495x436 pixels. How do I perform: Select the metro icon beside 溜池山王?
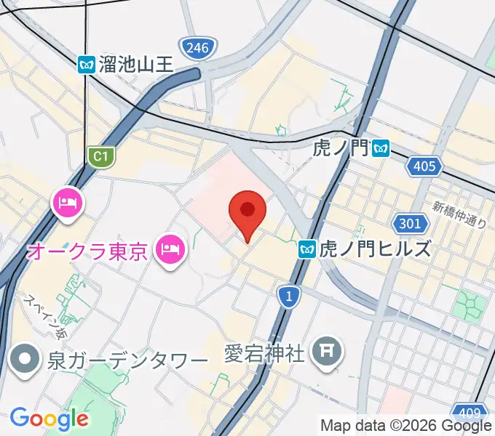[x=87, y=64]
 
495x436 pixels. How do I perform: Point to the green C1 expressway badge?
[x=101, y=156]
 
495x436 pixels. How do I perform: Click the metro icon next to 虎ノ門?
[x=380, y=149]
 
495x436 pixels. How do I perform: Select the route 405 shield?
[x=424, y=167]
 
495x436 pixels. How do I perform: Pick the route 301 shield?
[x=409, y=222]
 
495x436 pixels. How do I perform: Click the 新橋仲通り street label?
[x=459, y=216]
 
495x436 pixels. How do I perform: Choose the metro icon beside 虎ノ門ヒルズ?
[x=307, y=250]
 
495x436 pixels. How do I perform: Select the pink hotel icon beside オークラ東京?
[x=171, y=251]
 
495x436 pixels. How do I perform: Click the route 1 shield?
[x=289, y=295]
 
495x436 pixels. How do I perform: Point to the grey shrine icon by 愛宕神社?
[x=325, y=353]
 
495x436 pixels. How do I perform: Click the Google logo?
[x=49, y=419]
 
